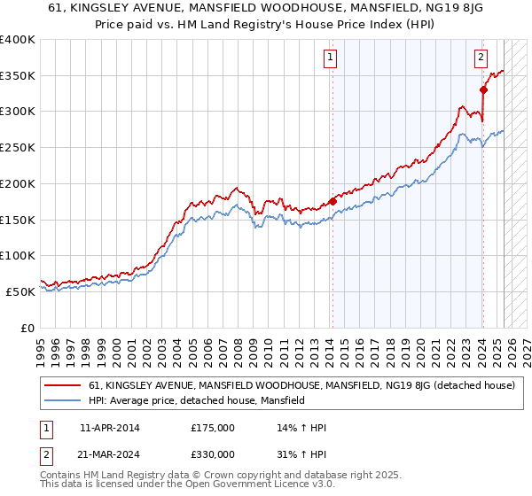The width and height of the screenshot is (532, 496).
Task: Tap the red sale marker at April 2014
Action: coord(332,201)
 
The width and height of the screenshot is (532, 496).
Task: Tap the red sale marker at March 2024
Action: coord(483,89)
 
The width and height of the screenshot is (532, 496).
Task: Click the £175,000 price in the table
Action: coord(213,428)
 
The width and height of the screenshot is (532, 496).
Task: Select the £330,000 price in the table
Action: coord(213,454)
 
